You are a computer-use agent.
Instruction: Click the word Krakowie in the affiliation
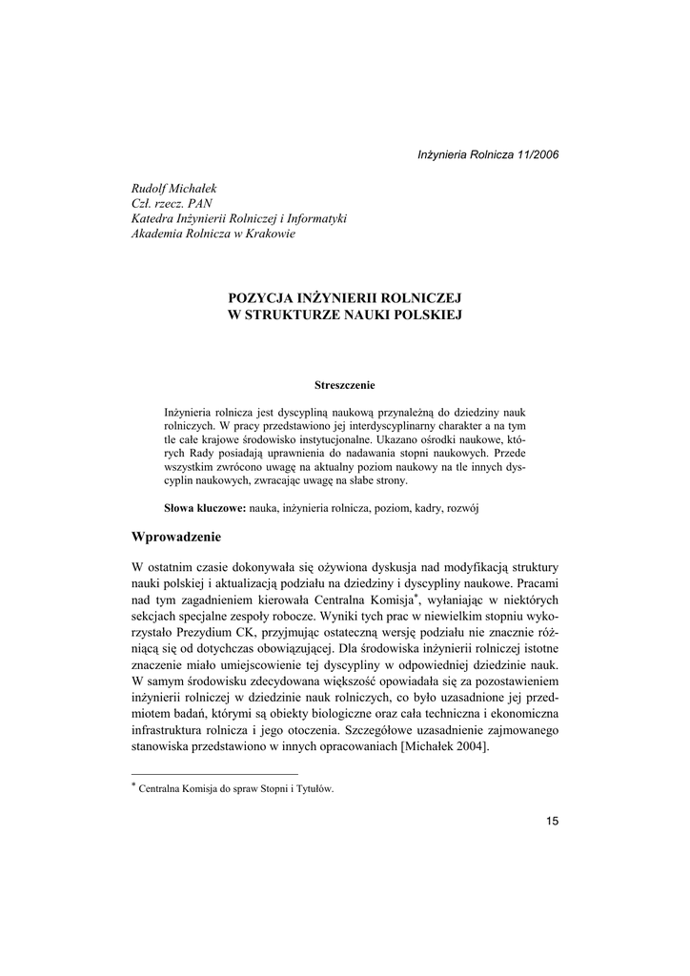point(268,234)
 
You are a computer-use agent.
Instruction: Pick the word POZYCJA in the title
point(255,297)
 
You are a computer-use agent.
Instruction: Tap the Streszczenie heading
point(344,385)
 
